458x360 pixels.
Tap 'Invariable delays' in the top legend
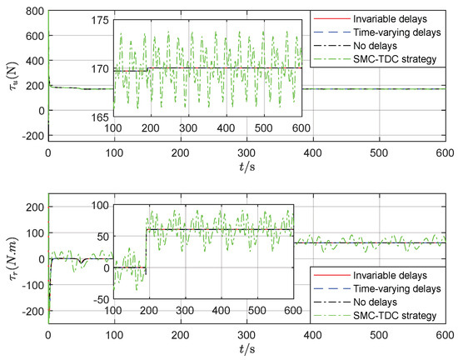point(386,18)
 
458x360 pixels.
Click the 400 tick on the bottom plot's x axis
point(313,335)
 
